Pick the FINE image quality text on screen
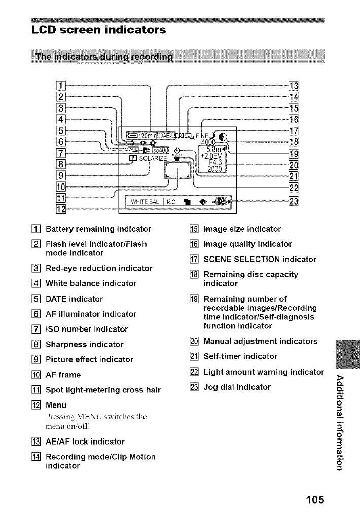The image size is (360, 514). pos(203,134)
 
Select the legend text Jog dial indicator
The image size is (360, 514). pos(237,388)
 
